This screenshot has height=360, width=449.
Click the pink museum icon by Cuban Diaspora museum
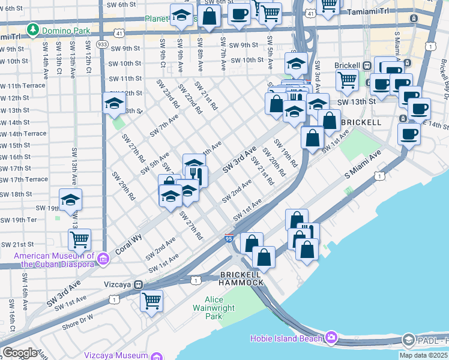103,259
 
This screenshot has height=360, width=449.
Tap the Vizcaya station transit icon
138,284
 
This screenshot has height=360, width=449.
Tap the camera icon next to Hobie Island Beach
331,338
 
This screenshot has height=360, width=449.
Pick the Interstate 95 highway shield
229,239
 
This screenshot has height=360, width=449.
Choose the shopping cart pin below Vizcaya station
152,299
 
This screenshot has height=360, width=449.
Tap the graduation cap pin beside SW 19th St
70,199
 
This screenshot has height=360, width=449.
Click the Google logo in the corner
19,352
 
